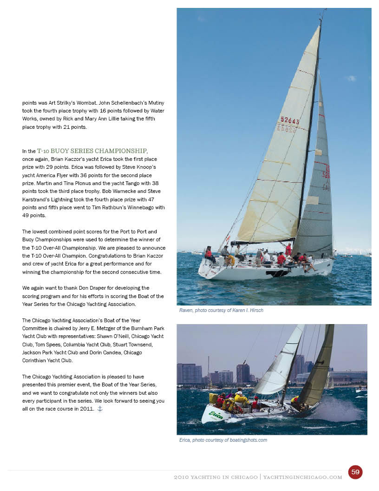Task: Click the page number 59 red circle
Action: point(355,472)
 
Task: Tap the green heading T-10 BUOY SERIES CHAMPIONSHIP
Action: point(92,151)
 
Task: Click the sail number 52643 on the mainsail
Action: point(289,121)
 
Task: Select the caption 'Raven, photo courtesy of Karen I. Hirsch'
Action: point(221,310)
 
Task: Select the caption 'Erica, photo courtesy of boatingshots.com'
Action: point(223,440)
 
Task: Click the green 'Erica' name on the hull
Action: point(216,415)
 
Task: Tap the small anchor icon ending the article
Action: point(99,409)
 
